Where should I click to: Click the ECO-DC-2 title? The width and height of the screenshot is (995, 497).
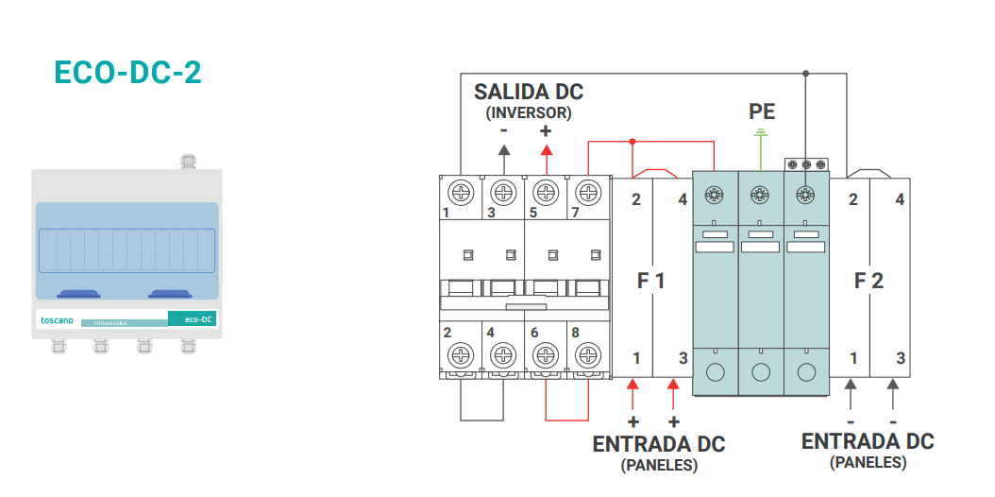tap(127, 73)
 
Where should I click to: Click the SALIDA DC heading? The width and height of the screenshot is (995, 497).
tap(528, 92)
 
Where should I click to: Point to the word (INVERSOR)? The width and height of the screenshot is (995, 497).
tap(529, 113)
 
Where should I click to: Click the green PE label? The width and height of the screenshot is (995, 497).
tap(762, 111)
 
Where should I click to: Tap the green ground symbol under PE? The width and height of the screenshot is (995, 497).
tap(760, 133)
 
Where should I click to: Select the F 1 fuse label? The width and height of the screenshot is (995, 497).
tap(650, 280)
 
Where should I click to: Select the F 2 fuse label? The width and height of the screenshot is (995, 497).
tap(869, 281)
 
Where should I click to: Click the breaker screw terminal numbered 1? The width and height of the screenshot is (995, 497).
tap(460, 191)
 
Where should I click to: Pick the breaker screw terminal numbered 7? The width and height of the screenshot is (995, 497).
tap(589, 191)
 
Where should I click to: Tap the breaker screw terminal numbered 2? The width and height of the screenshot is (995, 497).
tap(460, 353)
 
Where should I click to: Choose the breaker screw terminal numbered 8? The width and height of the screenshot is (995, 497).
tap(589, 353)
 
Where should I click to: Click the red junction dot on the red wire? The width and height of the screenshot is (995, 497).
tap(632, 141)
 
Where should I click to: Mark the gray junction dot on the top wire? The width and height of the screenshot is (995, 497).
tap(806, 74)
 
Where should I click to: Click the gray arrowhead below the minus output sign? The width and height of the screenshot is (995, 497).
tap(504, 150)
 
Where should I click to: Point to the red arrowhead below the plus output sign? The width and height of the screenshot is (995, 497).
tap(546, 150)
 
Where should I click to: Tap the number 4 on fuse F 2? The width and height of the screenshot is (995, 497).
tap(900, 200)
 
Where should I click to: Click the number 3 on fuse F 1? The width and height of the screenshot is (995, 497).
tap(683, 359)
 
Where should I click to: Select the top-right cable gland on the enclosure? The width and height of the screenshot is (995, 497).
tap(188, 162)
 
